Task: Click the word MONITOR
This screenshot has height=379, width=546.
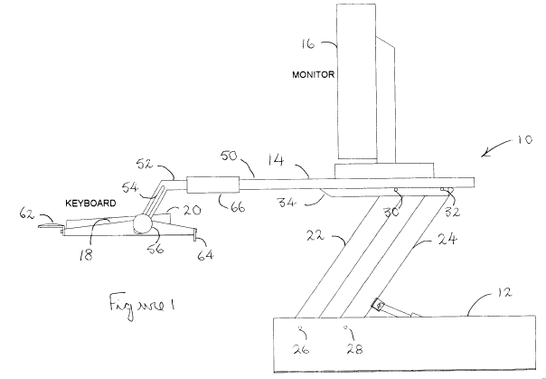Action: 314,76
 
